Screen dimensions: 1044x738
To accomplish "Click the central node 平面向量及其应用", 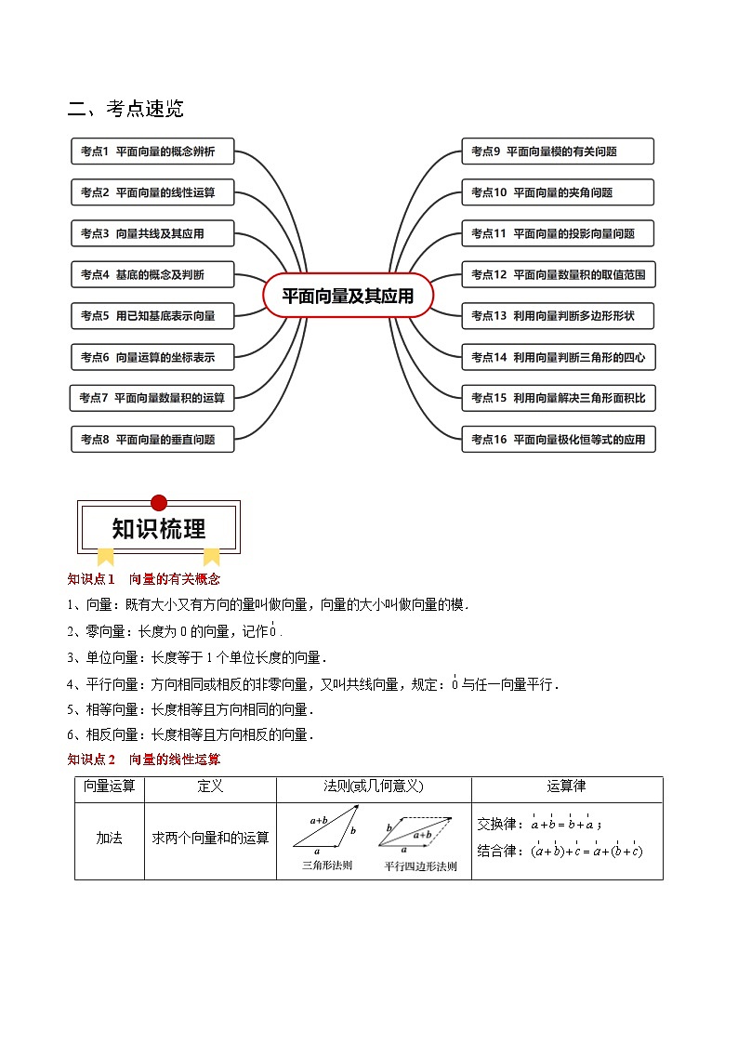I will point(348,296).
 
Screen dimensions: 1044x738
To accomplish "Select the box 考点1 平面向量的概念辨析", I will point(152,152).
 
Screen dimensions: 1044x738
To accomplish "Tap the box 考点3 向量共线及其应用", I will point(152,233).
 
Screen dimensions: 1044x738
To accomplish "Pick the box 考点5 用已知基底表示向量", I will point(152,316).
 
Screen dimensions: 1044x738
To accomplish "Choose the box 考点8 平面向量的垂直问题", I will point(152,439).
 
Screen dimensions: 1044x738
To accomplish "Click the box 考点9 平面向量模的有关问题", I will point(558,152).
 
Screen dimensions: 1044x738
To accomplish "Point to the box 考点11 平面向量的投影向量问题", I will point(558,233).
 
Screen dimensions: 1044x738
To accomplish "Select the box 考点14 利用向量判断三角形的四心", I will point(558,357).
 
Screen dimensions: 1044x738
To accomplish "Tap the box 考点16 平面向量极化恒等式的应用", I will point(558,439).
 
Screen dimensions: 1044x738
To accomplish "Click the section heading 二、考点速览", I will point(125,109).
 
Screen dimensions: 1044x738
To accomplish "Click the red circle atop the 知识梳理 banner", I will point(159,503).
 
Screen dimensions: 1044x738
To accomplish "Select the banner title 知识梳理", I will point(159,529).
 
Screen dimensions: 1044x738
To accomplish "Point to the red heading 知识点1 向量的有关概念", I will point(143,579).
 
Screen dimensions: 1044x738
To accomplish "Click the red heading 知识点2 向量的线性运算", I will point(143,760).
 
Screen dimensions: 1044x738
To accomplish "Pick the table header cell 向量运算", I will point(110,787).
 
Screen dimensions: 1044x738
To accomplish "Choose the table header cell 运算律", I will point(567,787).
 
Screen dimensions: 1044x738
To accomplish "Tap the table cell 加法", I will point(110,839).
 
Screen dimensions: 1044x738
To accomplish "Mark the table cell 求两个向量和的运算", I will point(211,839).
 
